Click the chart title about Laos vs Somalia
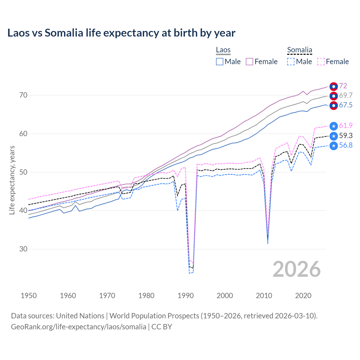coord(121,33)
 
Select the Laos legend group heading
coord(223,50)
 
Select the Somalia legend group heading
coord(300,50)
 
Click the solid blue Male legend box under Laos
coord(220,62)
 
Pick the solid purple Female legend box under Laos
coord(249,62)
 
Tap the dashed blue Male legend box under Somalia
coord(291,62)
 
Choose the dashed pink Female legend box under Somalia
coord(321,62)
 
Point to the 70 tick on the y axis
coord(23,95)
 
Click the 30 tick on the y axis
coord(23,249)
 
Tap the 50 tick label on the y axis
coord(23,172)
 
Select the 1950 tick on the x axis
coord(29,296)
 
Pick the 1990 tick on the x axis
coord(186,296)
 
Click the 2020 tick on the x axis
coord(303,296)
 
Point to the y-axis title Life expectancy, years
coord(12,180)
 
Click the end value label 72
coord(343,86)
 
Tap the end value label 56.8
coord(346,145)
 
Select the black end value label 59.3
coord(346,136)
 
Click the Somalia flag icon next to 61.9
coord(334,126)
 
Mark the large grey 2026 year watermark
coord(297,269)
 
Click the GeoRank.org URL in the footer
coord(78,327)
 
